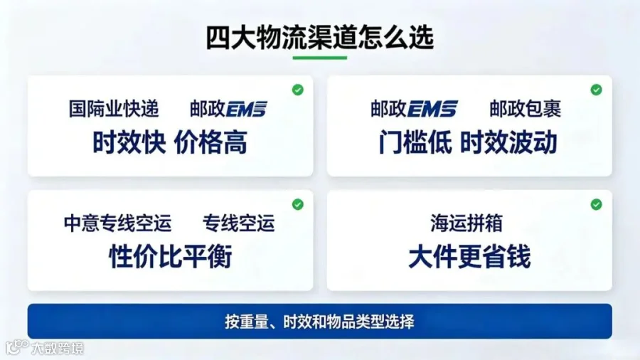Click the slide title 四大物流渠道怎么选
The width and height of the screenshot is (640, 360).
[x=319, y=38]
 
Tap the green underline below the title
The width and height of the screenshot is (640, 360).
[x=319, y=58]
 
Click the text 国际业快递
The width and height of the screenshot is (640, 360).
[x=114, y=109]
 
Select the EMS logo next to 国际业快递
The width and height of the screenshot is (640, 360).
[x=246, y=109]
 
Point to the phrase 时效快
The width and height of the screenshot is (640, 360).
[x=129, y=142]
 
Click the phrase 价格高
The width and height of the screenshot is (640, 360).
[x=210, y=142]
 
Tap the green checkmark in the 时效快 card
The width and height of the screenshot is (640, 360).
[x=298, y=90]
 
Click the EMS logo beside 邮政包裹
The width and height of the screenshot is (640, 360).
[x=432, y=109]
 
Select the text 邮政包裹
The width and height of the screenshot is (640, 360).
[x=526, y=109]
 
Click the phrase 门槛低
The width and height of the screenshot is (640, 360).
[x=415, y=142]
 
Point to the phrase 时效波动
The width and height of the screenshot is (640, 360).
[x=508, y=142]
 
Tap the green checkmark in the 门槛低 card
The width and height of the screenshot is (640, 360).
[x=597, y=90]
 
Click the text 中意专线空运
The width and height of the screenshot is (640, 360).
[x=117, y=223]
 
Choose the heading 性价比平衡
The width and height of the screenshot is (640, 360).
[x=171, y=257]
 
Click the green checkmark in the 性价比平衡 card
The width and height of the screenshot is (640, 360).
[x=298, y=204]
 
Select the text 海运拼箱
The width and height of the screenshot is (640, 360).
[x=466, y=223]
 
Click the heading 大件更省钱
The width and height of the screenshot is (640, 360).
[x=469, y=257]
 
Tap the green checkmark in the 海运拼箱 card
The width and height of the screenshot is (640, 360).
[x=597, y=204]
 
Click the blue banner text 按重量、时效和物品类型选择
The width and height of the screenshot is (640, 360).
[x=319, y=322]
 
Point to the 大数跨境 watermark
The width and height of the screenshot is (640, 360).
[x=58, y=348]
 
